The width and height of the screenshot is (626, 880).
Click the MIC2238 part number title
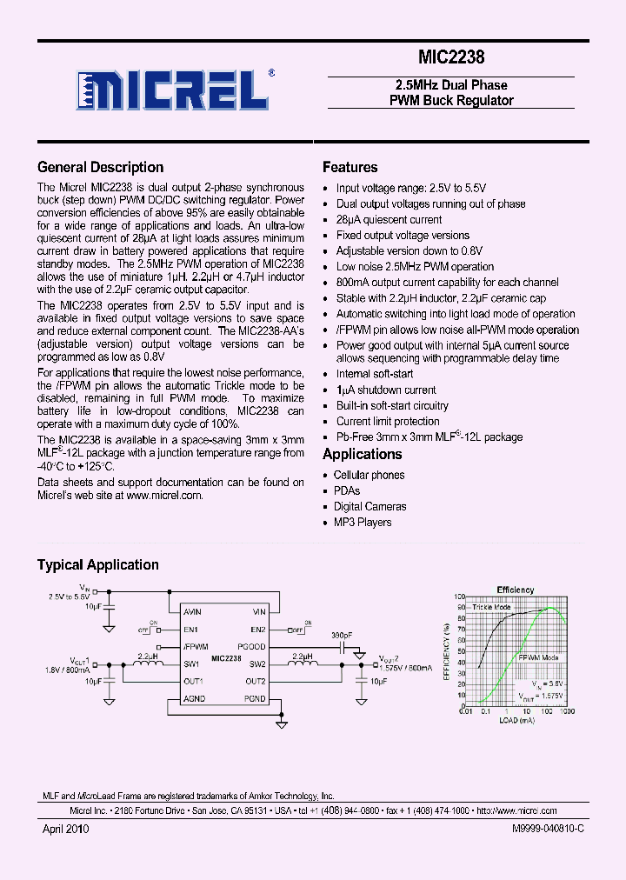coord(451,57)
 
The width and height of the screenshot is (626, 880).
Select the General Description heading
coord(100,168)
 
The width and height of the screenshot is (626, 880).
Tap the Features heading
coord(350,168)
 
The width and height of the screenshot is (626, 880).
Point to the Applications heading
coord(362,454)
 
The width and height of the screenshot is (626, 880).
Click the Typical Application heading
coord(97,565)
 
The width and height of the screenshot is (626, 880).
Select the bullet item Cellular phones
coord(369,476)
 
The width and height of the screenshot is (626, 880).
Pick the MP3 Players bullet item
coord(363,523)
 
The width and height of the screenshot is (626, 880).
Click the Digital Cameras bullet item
coord(370,507)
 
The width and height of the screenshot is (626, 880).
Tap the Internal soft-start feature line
coord(375,374)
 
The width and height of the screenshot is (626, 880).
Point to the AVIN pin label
coord(193,612)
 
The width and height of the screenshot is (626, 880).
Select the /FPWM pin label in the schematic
coord(196,647)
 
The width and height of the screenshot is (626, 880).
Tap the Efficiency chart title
coord(516,590)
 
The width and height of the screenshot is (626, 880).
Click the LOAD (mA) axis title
coord(516,720)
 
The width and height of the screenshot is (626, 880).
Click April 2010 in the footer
coord(66,830)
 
